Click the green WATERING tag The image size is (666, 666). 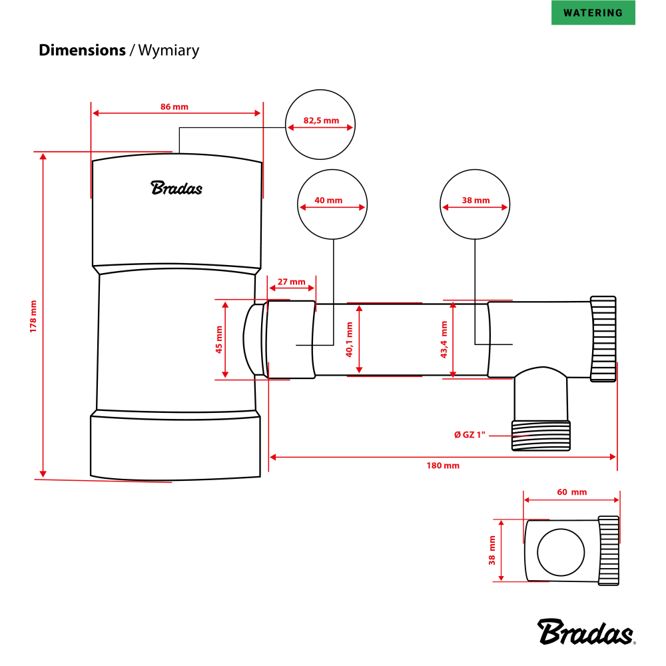click(593, 13)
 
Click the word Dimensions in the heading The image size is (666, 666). click(82, 50)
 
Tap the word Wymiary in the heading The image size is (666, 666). click(168, 50)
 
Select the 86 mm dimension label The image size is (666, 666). click(174, 107)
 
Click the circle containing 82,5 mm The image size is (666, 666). click(320, 125)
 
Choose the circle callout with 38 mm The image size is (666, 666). click(475, 204)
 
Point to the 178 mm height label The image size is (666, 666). click(33, 316)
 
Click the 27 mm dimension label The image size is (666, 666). click(291, 282)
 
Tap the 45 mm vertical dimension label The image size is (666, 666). click(218, 340)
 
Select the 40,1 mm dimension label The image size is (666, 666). click(349, 340)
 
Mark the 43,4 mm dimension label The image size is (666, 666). click(444, 340)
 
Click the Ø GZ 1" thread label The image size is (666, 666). click(472, 435)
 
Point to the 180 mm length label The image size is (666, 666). click(443, 466)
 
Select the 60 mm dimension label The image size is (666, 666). click(571, 492)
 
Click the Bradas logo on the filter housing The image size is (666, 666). click(176, 188)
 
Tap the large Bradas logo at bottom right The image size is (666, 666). click(587, 631)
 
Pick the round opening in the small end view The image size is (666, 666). click(561, 552)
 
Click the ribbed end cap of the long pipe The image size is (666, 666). click(603, 340)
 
